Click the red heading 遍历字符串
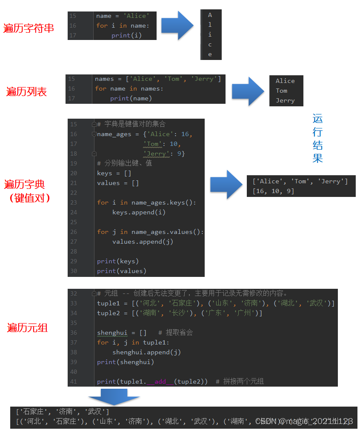(x=29, y=28)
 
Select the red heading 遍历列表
(x=26, y=91)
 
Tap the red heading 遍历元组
(x=27, y=327)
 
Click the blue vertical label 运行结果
(x=317, y=138)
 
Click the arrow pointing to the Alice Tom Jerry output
(x=248, y=91)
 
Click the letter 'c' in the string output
(x=210, y=45)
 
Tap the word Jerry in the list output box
(x=285, y=101)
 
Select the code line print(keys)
(x=118, y=261)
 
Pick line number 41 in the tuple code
(x=74, y=382)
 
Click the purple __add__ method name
(x=160, y=382)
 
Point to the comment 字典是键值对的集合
(x=131, y=124)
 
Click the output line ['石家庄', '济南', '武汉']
(x=63, y=412)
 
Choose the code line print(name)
(x=131, y=98)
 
